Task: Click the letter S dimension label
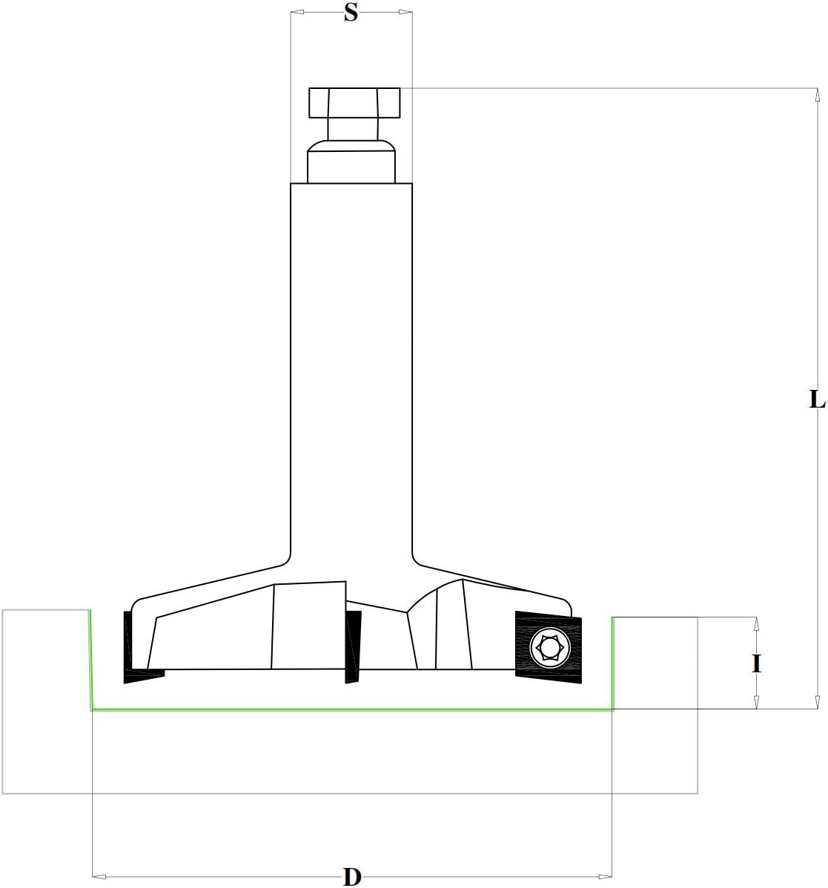click(x=351, y=13)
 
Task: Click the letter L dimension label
click(x=816, y=400)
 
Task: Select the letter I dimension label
click(x=756, y=663)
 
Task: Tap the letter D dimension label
click(x=352, y=876)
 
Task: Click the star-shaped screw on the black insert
click(x=549, y=647)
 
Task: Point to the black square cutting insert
click(x=549, y=644)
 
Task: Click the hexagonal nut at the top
click(x=354, y=102)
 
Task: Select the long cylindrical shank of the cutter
click(x=351, y=368)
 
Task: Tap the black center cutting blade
click(x=353, y=647)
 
